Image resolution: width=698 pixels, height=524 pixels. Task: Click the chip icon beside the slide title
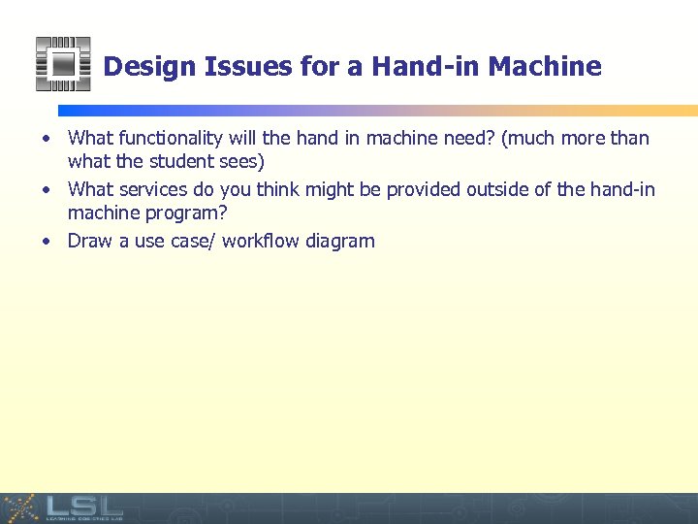(x=62, y=64)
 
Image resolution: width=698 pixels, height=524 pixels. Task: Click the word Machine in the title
(x=545, y=67)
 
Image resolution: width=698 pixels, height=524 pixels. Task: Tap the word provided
(x=424, y=189)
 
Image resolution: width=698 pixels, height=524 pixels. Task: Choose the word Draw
(x=91, y=241)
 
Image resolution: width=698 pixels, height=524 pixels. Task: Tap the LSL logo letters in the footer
(x=83, y=505)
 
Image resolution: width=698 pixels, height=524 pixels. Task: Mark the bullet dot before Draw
(x=47, y=242)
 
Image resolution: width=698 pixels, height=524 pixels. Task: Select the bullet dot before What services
(x=47, y=190)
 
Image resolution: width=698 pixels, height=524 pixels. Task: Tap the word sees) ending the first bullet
(x=242, y=160)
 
